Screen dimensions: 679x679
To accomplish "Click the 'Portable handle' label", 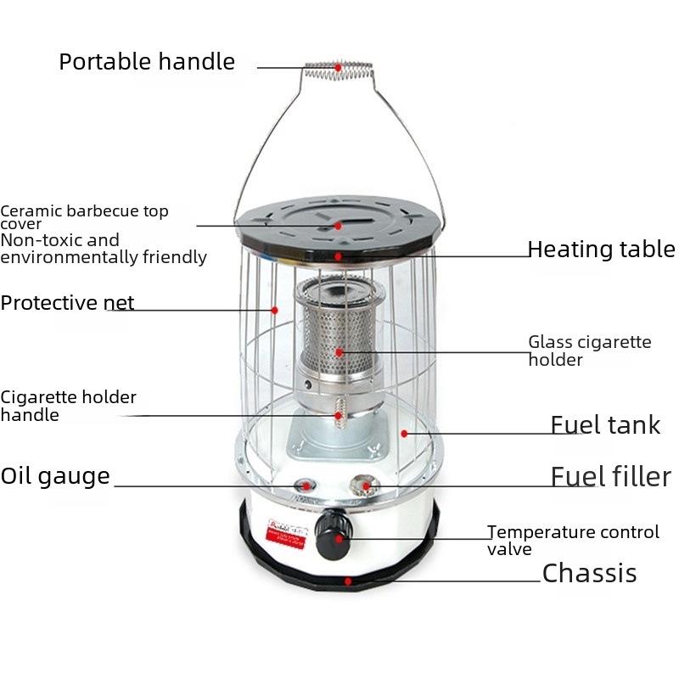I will (x=146, y=62).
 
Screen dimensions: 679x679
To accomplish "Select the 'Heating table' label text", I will (x=601, y=250).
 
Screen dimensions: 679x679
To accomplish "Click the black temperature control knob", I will (x=331, y=535).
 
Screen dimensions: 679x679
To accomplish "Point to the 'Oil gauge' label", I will (x=55, y=475).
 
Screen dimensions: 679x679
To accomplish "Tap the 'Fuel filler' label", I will (x=610, y=476).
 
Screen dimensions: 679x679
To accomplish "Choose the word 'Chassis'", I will (x=589, y=574).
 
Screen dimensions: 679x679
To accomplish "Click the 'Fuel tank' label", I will (x=605, y=424).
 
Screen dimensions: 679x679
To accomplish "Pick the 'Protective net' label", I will (x=67, y=303).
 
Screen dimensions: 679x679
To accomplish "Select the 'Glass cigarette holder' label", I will (x=589, y=351).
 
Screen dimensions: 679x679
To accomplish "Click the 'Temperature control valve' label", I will (x=573, y=540).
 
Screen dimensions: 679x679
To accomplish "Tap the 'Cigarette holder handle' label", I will (x=68, y=406).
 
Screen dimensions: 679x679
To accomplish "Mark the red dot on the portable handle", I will (x=338, y=66).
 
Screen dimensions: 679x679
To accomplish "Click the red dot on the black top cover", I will (x=338, y=226).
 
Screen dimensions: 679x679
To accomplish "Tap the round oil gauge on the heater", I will (x=304, y=485).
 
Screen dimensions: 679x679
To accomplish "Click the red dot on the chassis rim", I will (x=348, y=582).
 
